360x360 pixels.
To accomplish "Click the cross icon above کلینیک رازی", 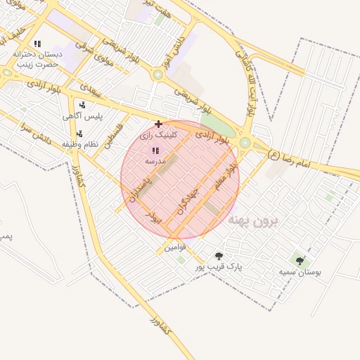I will coord(158,124).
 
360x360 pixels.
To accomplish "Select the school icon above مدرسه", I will coord(155,150).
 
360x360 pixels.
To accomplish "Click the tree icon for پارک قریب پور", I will coord(219,256).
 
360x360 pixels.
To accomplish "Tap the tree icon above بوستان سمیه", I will coord(300,261).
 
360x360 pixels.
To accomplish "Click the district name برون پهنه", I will coord(253,220).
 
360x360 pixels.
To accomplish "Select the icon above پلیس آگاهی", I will coord(82,105).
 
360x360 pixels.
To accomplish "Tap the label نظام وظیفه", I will coord(78,144).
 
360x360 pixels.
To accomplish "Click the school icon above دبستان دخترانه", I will coord(37,44).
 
